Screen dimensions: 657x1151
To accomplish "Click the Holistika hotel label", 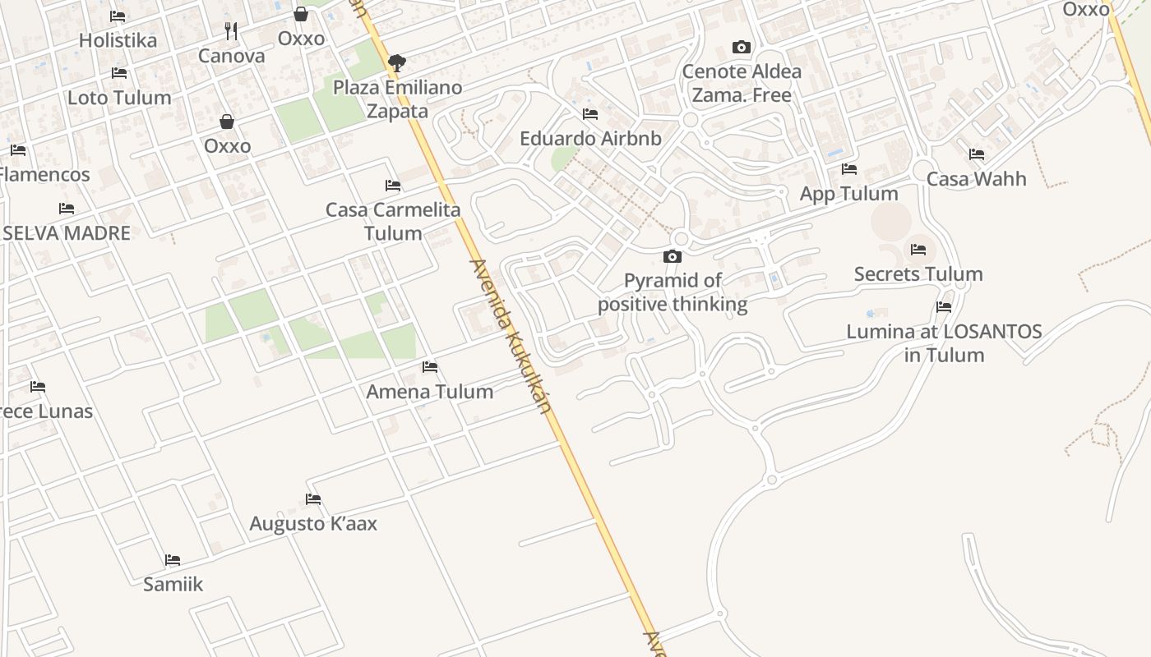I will click(118, 39).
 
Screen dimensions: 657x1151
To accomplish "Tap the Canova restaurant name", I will click(231, 56).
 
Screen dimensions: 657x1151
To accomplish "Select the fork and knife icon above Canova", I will click(231, 31).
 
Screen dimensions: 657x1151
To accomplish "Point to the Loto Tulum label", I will click(119, 97).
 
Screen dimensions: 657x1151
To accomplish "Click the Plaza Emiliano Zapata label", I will click(397, 99).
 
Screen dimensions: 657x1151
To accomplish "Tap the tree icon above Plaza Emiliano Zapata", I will click(397, 62).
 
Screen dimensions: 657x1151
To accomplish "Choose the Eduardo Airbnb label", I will click(590, 138).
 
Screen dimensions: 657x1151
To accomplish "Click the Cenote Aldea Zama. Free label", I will click(742, 83).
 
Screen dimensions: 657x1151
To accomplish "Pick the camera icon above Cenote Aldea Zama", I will click(742, 48).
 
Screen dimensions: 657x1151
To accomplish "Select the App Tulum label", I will click(848, 194).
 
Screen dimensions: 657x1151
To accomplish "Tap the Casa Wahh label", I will click(976, 178).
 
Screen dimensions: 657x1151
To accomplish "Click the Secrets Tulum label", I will click(918, 273).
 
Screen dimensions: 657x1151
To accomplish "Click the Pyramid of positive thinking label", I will click(673, 292).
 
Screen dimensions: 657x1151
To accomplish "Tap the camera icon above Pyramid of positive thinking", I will click(673, 257).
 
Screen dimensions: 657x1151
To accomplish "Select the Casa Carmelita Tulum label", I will click(393, 221).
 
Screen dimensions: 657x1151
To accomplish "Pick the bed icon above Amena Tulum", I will click(430, 367).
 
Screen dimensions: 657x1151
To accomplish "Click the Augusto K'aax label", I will click(313, 523).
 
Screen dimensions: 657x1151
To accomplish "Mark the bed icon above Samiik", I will click(173, 560).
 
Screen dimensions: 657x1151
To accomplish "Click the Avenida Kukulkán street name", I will click(510, 337).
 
